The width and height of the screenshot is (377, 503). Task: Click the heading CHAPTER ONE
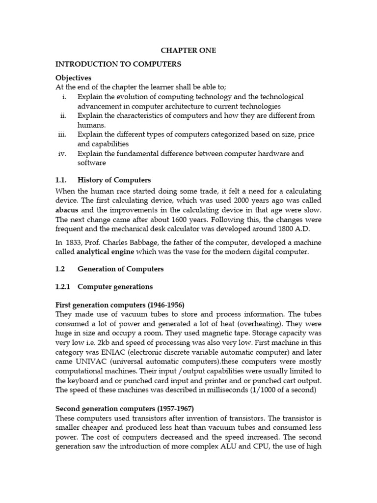pos(188,51)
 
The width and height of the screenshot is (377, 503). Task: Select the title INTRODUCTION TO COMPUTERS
pos(118,64)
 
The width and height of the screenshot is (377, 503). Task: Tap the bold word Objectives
pos(73,78)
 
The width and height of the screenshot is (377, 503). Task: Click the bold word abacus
pos(67,209)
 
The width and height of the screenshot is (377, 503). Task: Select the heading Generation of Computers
pos(120,269)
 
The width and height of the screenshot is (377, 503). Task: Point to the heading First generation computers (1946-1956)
pos(120,305)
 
